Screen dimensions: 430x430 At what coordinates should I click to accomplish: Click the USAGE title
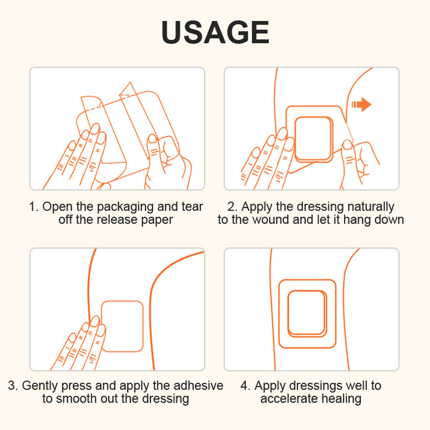(216, 32)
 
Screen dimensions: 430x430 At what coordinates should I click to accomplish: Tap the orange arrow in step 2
(361, 104)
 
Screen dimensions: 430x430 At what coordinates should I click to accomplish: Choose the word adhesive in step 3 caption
(198, 385)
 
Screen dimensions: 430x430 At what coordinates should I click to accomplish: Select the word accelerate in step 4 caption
(289, 398)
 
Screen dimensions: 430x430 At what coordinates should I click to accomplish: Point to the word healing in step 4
(341, 399)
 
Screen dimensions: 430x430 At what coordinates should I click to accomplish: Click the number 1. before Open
(34, 207)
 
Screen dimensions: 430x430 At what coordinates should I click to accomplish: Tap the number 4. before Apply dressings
(246, 385)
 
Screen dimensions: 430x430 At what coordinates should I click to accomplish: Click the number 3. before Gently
(13, 385)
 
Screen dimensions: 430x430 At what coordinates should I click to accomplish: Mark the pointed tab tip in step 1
(130, 82)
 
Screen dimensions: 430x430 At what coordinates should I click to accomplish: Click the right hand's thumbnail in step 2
(347, 144)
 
